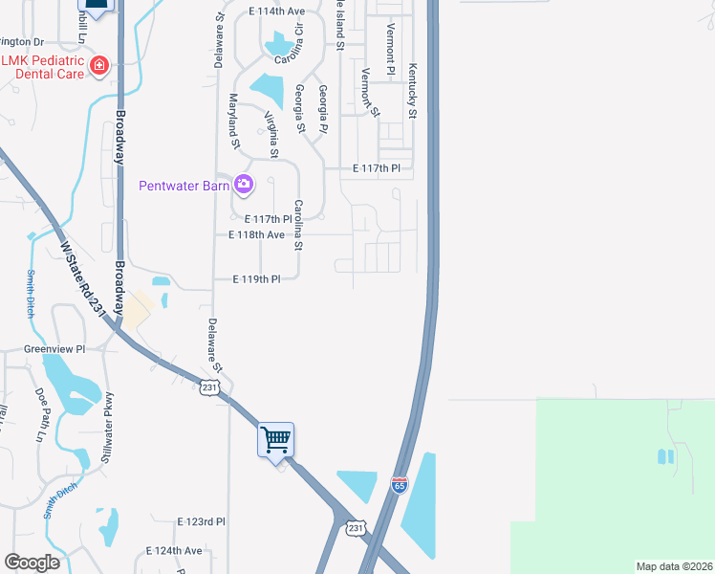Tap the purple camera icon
[244, 184]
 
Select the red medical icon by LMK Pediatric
[98, 66]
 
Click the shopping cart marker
[276, 440]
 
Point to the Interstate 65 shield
[400, 486]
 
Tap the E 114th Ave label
[275, 11]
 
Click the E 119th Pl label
[258, 279]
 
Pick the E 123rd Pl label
[201, 521]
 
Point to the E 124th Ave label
[174, 551]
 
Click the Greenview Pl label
[54, 350]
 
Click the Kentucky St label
[413, 92]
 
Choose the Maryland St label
[233, 121]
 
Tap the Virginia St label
[271, 134]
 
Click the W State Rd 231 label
[82, 278]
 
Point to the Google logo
[32, 563]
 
